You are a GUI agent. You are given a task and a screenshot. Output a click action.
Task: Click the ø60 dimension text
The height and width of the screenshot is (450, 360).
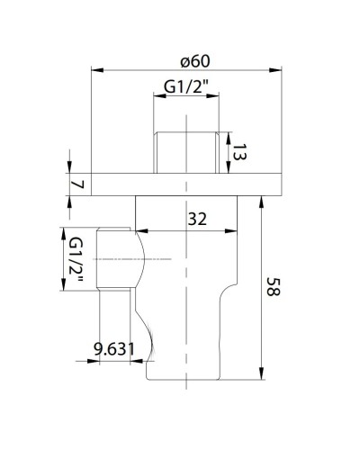(x=195, y=62)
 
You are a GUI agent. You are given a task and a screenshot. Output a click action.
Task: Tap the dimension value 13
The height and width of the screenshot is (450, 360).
(x=239, y=153)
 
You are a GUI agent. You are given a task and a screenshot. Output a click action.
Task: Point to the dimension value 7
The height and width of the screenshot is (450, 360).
(x=78, y=184)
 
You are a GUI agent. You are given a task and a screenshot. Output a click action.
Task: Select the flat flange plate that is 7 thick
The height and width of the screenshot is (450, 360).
(x=184, y=184)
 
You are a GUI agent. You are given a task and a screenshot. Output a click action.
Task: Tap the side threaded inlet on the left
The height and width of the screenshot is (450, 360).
(x=117, y=260)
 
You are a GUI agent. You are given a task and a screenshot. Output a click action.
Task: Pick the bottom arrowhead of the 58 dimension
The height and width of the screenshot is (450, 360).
(x=261, y=373)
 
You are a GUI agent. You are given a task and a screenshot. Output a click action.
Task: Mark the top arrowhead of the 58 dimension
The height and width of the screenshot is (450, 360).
(x=261, y=200)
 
